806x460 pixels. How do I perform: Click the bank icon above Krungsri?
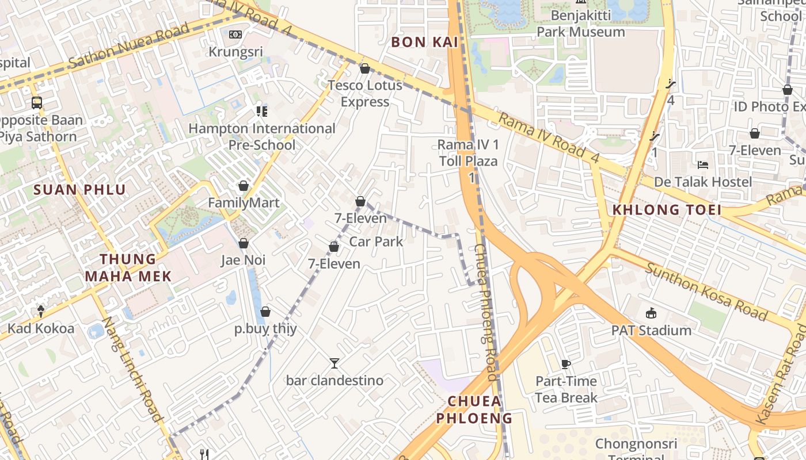click(235, 34)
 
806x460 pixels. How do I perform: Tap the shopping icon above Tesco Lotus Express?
click(364, 69)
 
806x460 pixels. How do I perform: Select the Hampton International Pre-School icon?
click(262, 111)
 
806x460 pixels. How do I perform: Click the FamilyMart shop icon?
click(244, 186)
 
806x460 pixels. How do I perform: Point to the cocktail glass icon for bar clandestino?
click(334, 363)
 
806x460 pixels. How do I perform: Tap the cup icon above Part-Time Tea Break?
click(566, 364)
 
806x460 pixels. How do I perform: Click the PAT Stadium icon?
click(651, 313)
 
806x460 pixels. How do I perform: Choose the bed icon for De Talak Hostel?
click(703, 164)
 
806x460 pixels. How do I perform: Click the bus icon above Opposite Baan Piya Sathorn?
click(37, 103)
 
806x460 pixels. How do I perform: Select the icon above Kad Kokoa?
click(41, 311)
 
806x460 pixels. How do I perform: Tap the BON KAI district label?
click(425, 42)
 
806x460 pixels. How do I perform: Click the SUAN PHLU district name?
click(79, 190)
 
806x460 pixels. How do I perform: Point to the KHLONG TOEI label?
click(667, 210)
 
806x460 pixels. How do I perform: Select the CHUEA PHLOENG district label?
click(474, 409)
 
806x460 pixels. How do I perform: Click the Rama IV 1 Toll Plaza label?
click(468, 153)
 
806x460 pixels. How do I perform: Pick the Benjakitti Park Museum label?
click(581, 24)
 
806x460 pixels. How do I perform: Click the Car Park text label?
click(376, 241)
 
